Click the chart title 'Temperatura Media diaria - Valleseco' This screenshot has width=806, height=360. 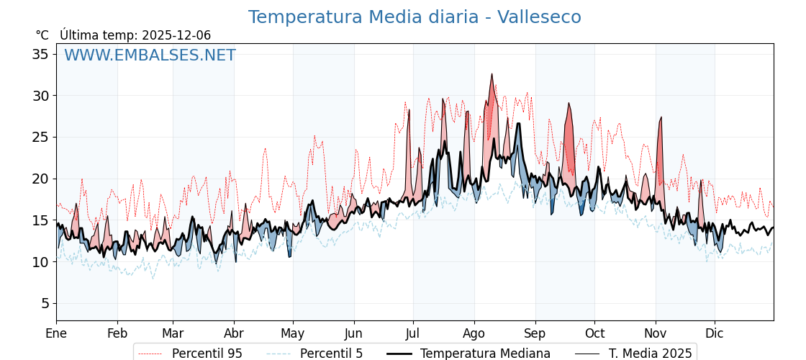[415, 17]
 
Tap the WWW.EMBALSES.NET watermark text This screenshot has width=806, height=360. [150, 55]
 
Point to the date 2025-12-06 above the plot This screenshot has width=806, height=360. [176, 35]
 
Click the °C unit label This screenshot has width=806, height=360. [42, 35]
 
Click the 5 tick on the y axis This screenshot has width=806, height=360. [45, 303]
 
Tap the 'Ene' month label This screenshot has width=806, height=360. [56, 333]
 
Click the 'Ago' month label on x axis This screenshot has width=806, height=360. [474, 333]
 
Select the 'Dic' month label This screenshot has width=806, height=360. [715, 333]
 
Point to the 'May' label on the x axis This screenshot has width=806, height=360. [293, 333]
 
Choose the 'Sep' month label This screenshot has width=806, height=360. [535, 333]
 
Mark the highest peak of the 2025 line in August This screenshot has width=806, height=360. [492, 74]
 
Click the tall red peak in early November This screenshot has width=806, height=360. [661, 117]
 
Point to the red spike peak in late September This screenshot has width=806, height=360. [569, 104]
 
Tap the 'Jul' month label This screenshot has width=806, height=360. [413, 333]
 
